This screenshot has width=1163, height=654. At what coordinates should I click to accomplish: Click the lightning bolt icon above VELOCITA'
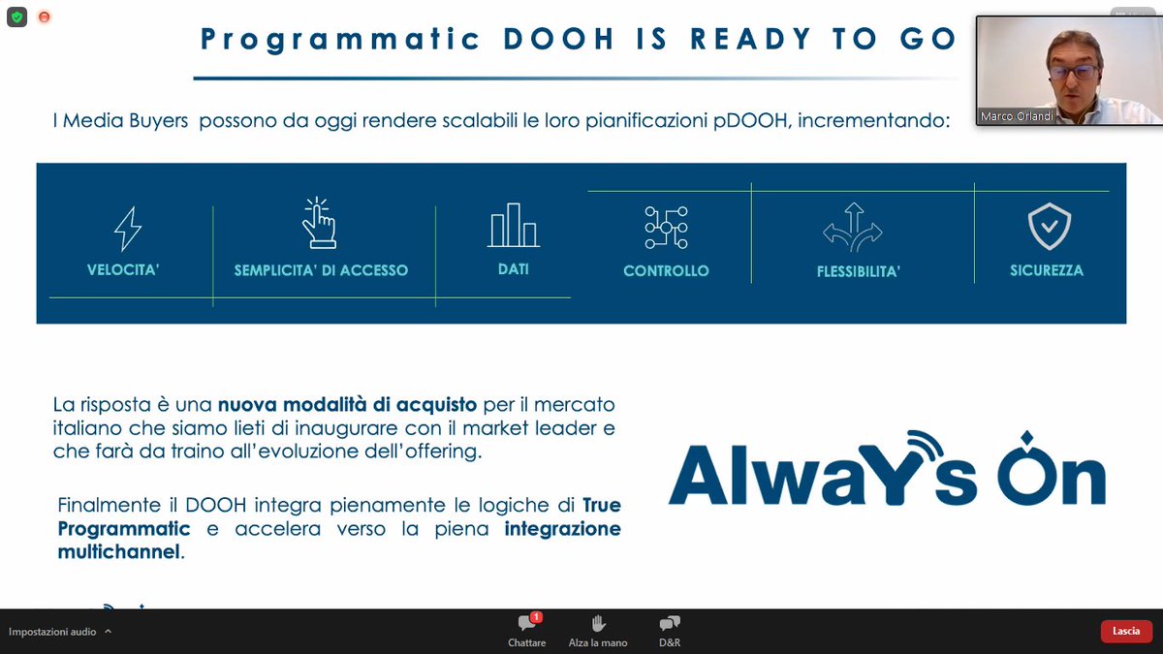coord(128,230)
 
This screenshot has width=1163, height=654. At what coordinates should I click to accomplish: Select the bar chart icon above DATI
coord(514,225)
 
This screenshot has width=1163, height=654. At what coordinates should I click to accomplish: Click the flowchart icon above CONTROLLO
coord(666,228)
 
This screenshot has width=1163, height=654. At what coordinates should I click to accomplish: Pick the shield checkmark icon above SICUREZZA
coord(1049,226)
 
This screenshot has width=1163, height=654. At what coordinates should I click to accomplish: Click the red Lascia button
coord(1126,631)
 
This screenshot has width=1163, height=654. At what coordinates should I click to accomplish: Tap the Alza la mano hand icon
coord(598,624)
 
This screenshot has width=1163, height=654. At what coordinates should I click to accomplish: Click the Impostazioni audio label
coord(52,632)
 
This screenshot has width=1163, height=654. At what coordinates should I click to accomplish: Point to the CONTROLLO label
coord(666,271)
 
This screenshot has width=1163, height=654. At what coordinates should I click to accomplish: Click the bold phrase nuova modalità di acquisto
coord(346,404)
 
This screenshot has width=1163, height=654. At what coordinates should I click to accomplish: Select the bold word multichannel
coord(119,551)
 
